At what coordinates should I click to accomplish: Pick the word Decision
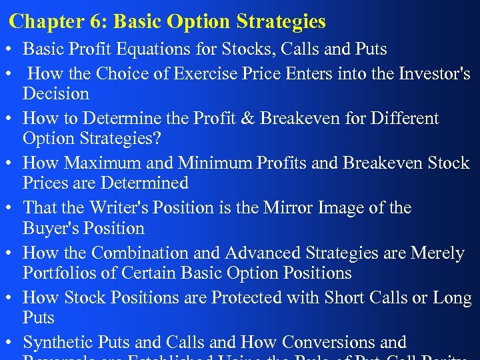(56, 93)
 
